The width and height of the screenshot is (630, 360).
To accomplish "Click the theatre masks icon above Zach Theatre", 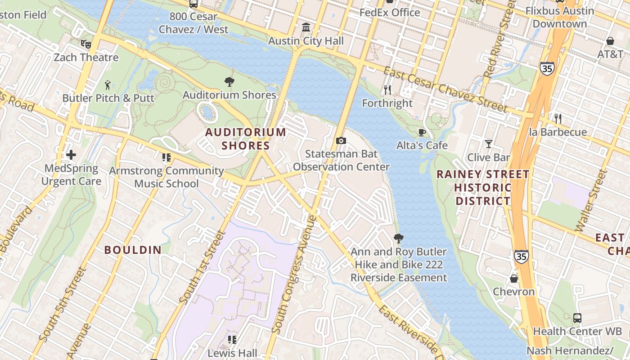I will (85, 44).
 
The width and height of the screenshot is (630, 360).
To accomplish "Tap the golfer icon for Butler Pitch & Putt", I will (108, 85).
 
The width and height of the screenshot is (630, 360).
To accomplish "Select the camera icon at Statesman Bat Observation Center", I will (341, 141).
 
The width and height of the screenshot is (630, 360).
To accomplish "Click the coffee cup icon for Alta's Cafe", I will (422, 132).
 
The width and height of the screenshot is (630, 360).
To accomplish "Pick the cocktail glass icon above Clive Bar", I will (488, 144).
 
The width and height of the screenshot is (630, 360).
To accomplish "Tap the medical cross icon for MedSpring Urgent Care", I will (71, 155).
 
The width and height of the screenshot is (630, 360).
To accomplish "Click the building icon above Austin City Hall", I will (306, 27).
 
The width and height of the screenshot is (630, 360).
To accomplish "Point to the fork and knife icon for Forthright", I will (387, 90).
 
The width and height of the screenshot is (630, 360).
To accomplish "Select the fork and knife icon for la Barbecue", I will (558, 119).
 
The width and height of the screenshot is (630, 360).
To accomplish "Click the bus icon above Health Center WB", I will (577, 318).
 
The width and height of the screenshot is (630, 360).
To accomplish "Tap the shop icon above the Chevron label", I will (513, 279).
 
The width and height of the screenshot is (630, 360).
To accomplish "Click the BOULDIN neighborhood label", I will (133, 250).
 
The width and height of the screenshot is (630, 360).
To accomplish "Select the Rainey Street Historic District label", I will (483, 187).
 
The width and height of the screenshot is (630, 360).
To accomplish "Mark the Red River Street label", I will (498, 40).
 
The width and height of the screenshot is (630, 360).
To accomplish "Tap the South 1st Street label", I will (202, 267).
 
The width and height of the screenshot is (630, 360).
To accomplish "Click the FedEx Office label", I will (390, 13).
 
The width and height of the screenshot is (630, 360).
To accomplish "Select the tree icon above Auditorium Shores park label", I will (229, 81).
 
